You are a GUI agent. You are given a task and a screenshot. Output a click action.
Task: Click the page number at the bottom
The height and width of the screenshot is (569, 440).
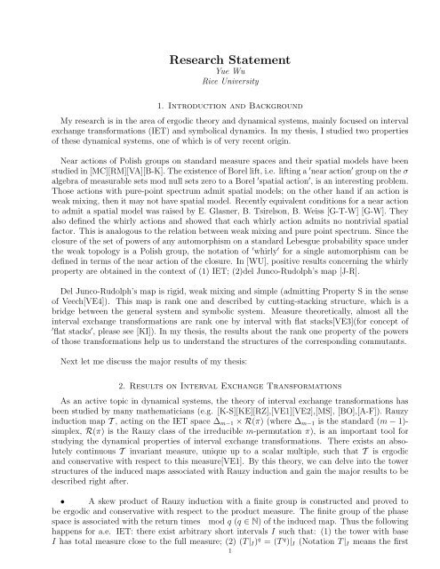220,560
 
